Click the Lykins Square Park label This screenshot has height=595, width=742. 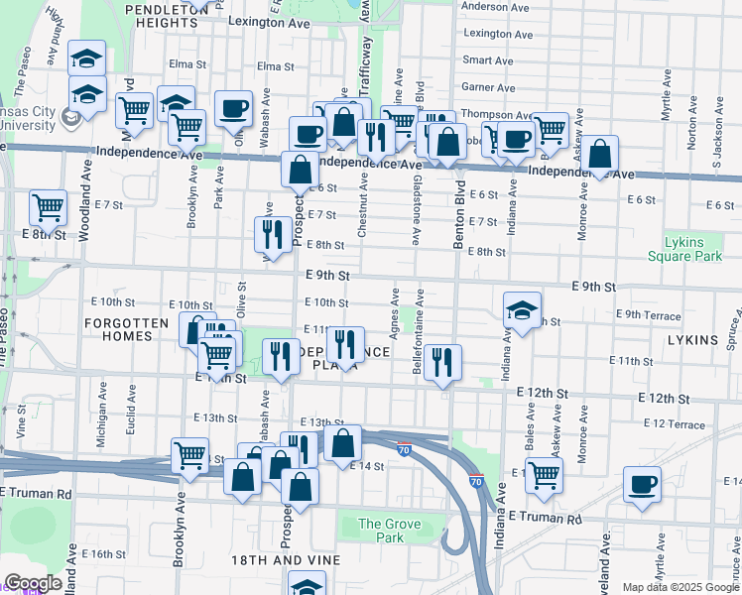pyautogui.click(x=698, y=249)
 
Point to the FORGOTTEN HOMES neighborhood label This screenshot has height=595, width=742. pyautogui.click(x=133, y=329)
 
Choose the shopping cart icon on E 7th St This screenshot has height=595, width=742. pyautogui.click(x=48, y=208)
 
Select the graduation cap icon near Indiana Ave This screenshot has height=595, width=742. pyautogui.click(x=522, y=310)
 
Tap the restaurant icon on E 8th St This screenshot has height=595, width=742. pyautogui.click(x=270, y=234)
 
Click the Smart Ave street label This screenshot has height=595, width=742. pyautogui.click(x=488, y=60)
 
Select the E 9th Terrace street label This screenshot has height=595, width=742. pyautogui.click(x=649, y=315)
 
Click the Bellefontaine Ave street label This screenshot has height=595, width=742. pyautogui.click(x=420, y=331)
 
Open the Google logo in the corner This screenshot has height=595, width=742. pyautogui.click(x=32, y=583)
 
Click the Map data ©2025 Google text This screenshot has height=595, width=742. pyautogui.click(x=680, y=587)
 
